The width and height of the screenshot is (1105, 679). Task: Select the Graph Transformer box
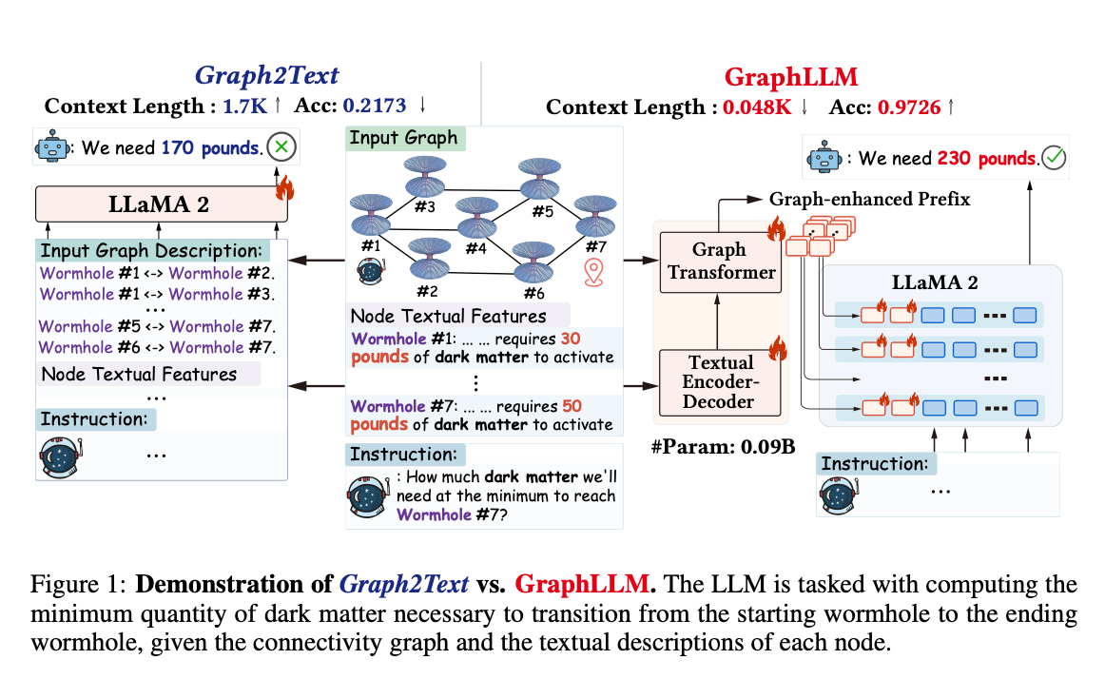click(721, 261)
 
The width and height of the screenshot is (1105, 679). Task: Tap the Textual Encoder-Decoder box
click(721, 381)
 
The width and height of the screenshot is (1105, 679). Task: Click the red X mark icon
click(281, 148)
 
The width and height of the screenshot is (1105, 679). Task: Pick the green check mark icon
click(1053, 159)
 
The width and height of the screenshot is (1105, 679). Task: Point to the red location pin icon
click(594, 273)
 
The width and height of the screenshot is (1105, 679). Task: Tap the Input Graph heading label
click(403, 138)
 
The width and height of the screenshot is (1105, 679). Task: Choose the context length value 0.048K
click(756, 107)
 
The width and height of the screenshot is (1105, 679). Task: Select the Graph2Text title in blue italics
click(266, 76)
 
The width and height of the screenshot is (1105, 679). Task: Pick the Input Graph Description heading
click(151, 251)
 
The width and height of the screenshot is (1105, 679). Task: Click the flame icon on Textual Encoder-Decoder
click(775, 346)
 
